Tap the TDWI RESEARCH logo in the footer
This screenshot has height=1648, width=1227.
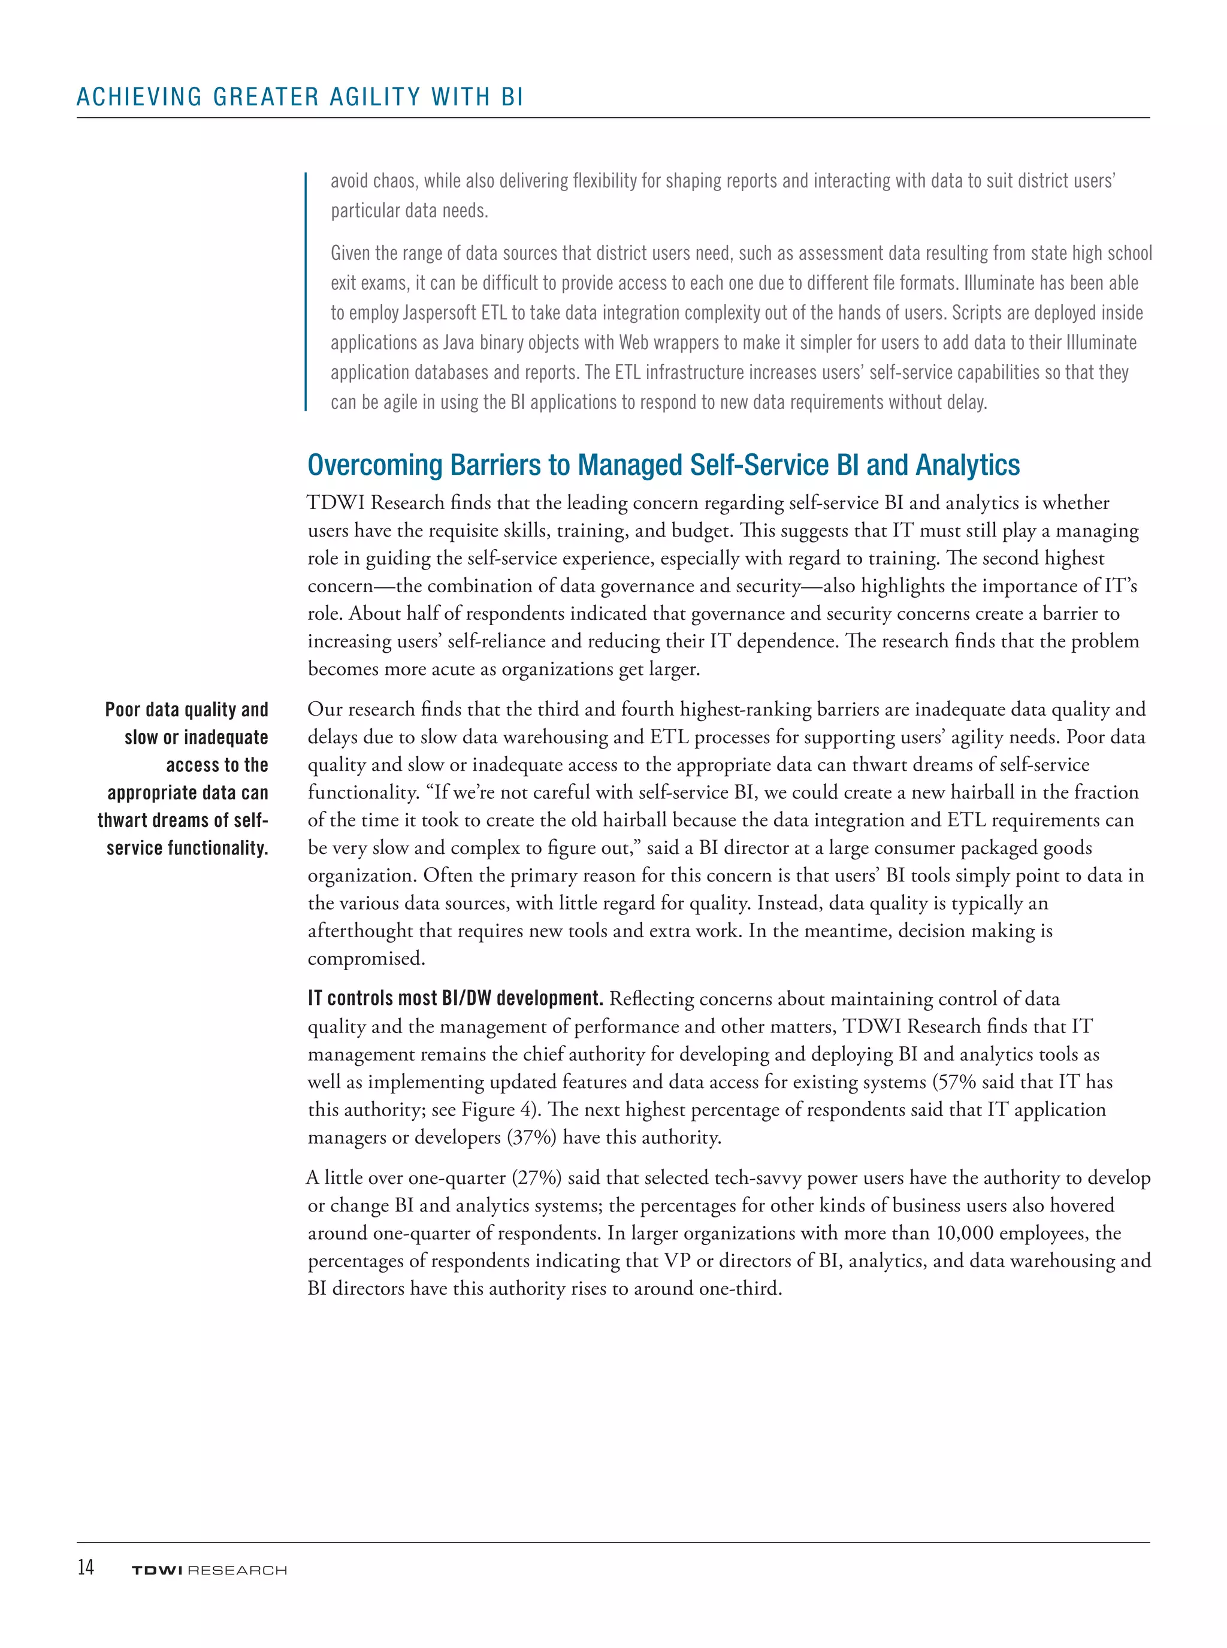(208, 1570)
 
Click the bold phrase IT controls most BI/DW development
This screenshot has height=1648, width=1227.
(455, 998)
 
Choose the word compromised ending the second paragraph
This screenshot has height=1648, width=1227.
(366, 958)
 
